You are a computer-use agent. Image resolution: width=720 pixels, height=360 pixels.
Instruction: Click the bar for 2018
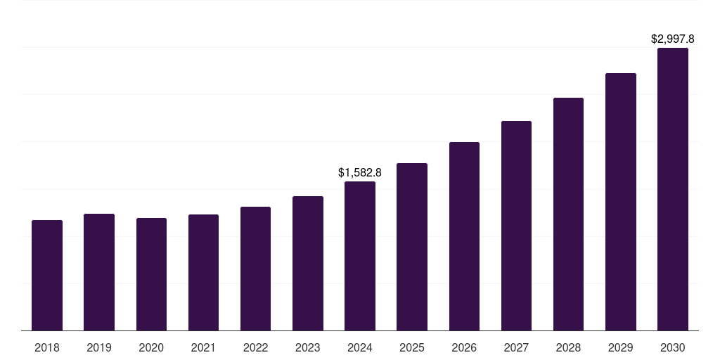[x=47, y=276]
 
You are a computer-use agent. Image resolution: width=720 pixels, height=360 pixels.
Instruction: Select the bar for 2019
[x=99, y=272]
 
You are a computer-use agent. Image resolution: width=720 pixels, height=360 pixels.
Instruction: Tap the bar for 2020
[x=151, y=274]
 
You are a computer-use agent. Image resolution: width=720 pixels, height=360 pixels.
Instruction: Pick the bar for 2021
[x=203, y=273]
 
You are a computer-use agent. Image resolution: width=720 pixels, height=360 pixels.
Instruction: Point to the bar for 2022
[x=255, y=269]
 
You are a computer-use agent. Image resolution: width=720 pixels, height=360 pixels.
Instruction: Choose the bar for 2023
[x=308, y=264]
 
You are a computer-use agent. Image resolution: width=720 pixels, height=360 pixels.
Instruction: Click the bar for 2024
[x=360, y=256]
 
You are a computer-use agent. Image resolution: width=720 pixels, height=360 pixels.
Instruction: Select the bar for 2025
[x=412, y=247]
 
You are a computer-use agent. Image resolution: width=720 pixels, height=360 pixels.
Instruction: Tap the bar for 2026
[x=464, y=236]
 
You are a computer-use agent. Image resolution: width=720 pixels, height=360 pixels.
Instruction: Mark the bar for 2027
[x=516, y=226]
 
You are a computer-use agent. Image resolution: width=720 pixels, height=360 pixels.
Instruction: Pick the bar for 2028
[x=568, y=214]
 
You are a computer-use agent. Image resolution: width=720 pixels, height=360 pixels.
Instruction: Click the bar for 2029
[x=621, y=202]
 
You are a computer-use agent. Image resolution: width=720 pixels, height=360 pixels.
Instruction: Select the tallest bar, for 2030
[x=673, y=189]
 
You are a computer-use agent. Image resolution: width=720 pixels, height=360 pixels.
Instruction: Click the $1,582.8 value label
[x=360, y=172]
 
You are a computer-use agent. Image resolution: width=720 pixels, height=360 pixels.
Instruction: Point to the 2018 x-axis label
[x=47, y=347]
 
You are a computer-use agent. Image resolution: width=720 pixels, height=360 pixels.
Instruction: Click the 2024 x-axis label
[x=360, y=347]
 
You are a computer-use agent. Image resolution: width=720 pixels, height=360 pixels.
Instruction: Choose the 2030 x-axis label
[x=673, y=347]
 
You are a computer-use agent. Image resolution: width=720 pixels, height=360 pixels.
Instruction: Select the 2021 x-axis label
[x=203, y=347]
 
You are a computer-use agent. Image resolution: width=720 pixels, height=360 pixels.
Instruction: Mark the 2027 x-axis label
[x=516, y=347]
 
